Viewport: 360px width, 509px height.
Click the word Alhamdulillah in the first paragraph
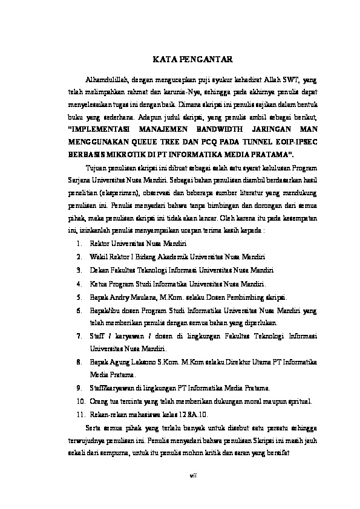coord(106,79)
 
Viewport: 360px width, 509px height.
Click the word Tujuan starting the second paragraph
coord(98,167)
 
